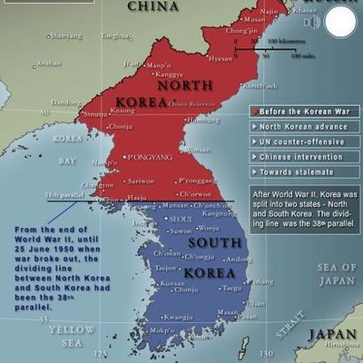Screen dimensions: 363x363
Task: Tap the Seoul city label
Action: (181, 219)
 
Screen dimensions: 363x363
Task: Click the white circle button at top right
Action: (339, 23)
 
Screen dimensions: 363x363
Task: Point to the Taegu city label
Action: (234, 288)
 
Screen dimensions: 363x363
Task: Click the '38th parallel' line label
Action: (62, 195)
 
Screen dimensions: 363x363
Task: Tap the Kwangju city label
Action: (179, 316)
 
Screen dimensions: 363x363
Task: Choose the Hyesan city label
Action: (221, 58)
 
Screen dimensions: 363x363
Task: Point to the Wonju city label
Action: (210, 228)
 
